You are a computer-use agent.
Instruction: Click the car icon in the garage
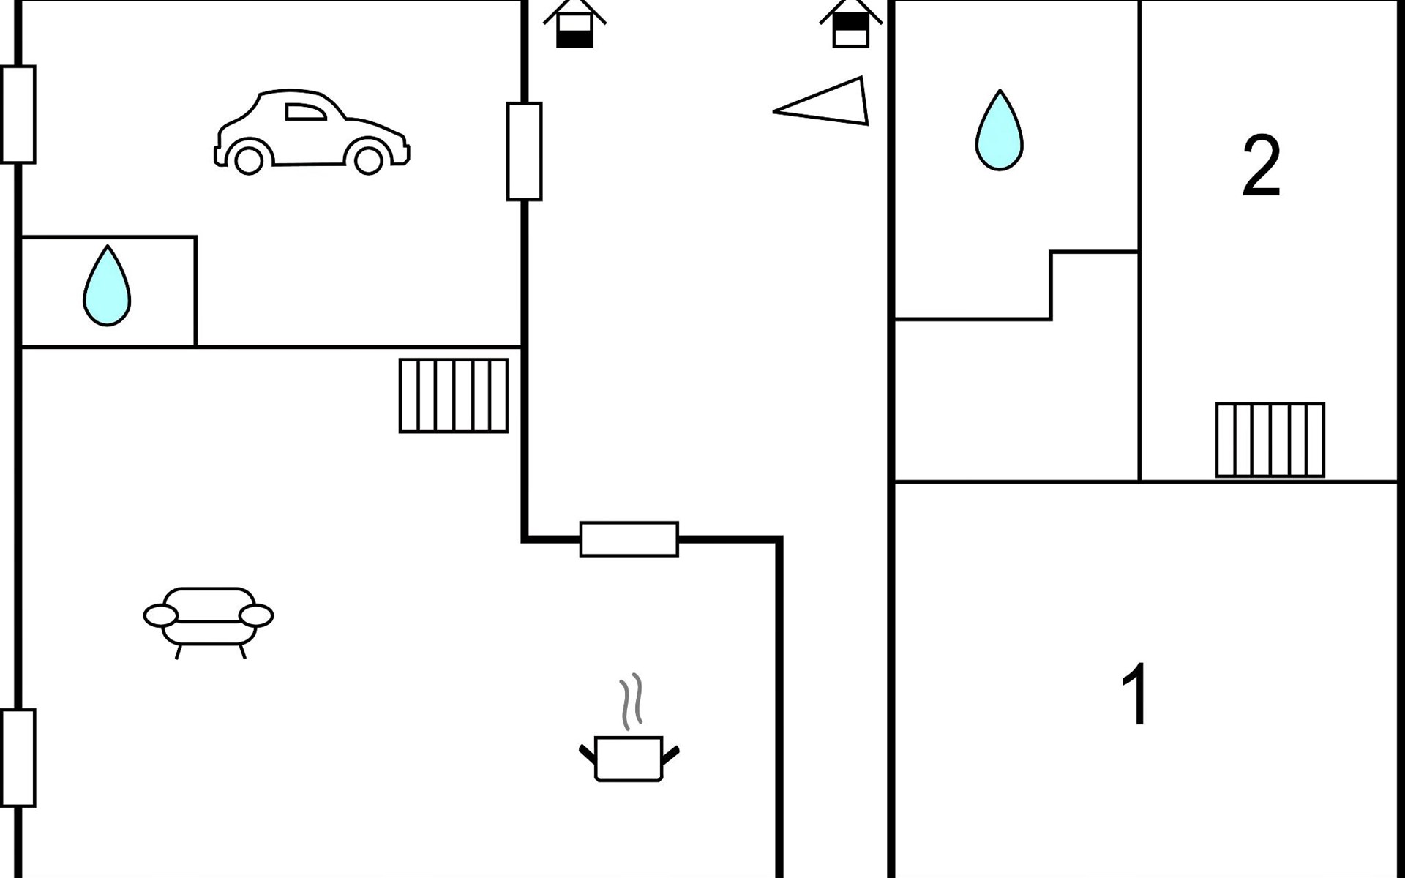(312, 132)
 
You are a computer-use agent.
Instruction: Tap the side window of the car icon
(306, 112)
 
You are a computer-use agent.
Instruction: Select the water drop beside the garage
(107, 285)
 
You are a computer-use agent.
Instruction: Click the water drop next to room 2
(999, 130)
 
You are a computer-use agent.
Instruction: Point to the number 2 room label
(1262, 166)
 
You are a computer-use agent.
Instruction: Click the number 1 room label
(1135, 694)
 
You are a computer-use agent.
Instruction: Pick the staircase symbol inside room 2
(1270, 440)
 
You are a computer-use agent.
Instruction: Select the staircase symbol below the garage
(454, 396)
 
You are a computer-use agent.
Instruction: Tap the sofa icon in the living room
(209, 623)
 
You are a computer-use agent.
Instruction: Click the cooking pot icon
(629, 758)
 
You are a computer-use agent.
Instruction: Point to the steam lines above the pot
(632, 701)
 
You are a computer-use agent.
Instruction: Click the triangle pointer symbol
(821, 101)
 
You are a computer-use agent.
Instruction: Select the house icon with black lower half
(574, 24)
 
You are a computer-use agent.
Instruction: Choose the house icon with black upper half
(851, 24)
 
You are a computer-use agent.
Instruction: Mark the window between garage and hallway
(525, 151)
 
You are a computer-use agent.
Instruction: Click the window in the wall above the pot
(629, 539)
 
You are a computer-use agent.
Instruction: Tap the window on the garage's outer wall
(18, 114)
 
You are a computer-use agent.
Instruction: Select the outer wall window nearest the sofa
(18, 758)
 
